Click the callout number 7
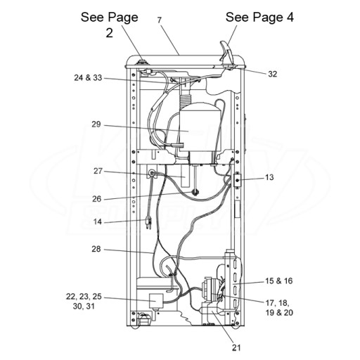coord(160,20)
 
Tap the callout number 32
coord(273,74)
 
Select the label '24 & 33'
coord(88,78)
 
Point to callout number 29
coord(96,124)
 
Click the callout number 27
coord(98,171)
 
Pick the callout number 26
coord(96,199)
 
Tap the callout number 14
coord(98,221)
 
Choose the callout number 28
coord(96,249)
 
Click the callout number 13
coord(269,177)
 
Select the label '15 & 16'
coord(279,281)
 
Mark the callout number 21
coord(236,347)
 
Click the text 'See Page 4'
coord(259,18)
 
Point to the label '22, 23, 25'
coord(84,297)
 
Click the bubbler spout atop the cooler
coord(225,53)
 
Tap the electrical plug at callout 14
coord(148,224)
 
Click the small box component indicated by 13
coord(237,180)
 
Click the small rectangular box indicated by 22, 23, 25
coord(156,301)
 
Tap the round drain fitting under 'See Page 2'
coord(142,63)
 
